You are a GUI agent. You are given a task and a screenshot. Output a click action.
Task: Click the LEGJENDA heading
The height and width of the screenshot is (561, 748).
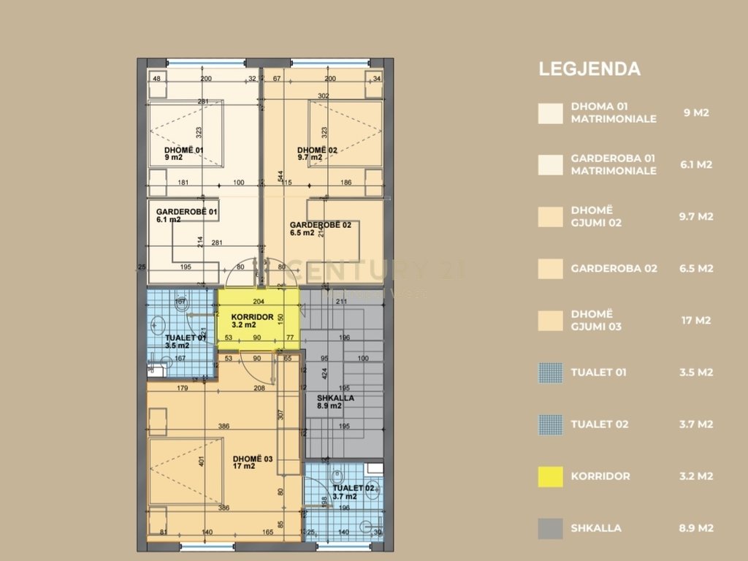point(589,69)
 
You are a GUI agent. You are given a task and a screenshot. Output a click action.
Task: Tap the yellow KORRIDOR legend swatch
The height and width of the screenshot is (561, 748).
point(550,476)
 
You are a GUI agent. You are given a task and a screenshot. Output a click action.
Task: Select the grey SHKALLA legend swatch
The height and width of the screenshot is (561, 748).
point(550,528)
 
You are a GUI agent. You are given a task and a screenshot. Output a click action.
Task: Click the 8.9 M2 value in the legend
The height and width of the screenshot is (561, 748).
point(695,528)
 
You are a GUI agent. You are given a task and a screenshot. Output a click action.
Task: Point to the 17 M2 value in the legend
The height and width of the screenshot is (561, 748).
point(695,320)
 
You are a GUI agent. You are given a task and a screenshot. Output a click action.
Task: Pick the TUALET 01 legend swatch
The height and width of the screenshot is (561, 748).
point(550,373)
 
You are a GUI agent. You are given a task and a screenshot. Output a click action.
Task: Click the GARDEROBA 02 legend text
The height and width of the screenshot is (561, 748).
point(614,268)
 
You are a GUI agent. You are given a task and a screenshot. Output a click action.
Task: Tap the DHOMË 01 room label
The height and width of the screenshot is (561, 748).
point(183,151)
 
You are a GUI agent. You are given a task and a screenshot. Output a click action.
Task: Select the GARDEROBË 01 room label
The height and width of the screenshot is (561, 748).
point(187,212)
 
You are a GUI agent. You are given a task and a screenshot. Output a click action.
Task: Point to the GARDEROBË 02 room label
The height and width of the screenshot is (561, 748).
point(320,225)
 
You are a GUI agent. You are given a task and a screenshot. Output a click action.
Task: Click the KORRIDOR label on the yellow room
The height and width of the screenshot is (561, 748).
point(253,318)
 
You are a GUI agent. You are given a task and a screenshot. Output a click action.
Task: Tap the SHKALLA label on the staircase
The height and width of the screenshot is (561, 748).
point(335,398)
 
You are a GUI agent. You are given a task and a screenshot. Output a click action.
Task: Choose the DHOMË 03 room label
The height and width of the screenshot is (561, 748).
point(253,459)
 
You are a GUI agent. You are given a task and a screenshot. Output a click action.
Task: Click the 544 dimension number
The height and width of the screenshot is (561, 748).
point(280,176)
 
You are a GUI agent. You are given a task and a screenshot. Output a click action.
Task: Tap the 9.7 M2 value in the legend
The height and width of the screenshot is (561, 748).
point(695,216)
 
